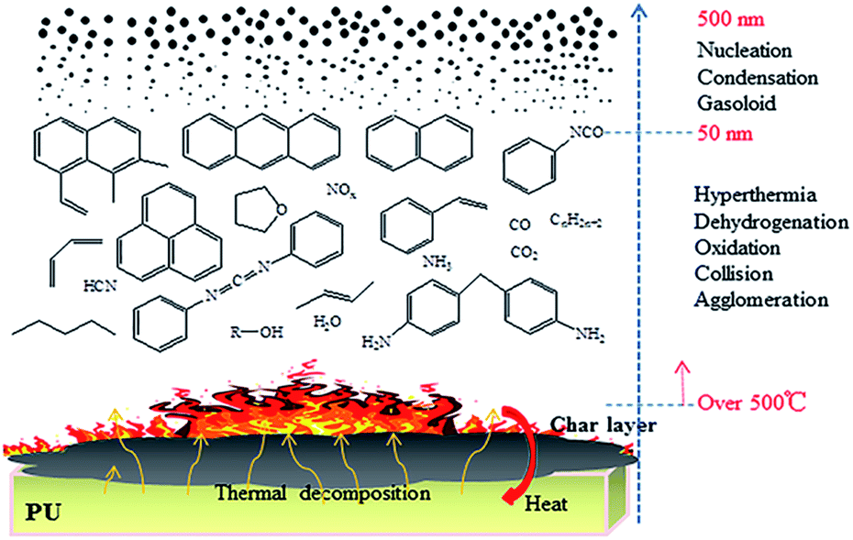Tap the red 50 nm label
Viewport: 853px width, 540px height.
(726, 134)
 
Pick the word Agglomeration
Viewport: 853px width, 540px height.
(760, 300)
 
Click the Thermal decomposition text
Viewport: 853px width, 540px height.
(323, 493)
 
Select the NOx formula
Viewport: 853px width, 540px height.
(338, 191)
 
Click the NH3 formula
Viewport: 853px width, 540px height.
(436, 261)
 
